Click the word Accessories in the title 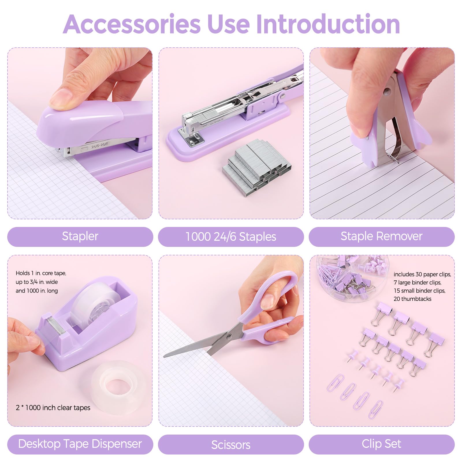131,24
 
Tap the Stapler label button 80,236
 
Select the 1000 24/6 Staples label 231,237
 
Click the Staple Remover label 381,236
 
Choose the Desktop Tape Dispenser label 80,444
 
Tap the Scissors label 231,445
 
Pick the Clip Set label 381,444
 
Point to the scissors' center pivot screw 229,336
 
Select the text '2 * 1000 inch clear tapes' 53,408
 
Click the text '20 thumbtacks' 412,299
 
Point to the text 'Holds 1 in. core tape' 41,273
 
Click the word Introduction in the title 328,24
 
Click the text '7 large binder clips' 417,282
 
